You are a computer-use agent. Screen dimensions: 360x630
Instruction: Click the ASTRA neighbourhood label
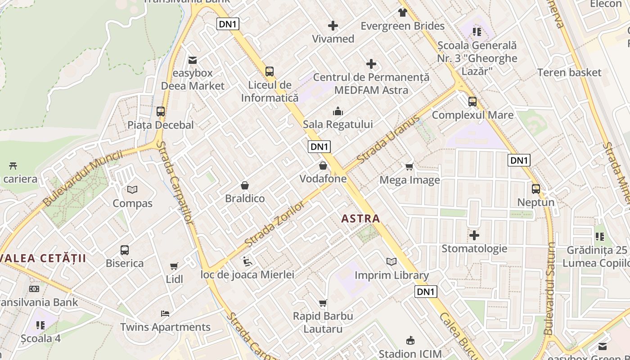pos(360,219)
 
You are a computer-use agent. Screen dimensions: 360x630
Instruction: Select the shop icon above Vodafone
pos(323,166)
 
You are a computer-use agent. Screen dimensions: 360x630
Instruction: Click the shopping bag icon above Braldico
pos(245,185)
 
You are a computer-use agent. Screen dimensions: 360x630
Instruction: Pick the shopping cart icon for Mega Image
pos(409,167)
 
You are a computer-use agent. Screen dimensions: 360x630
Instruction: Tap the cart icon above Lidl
pos(174,266)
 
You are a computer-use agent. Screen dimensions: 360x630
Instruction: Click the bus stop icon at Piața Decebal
pos(161,112)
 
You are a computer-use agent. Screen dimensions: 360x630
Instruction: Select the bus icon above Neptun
pos(535,189)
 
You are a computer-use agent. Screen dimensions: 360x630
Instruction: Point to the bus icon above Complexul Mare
pos(472,102)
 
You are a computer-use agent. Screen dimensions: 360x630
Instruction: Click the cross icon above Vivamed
pos(333,26)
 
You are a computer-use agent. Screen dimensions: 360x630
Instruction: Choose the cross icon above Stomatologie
pos(474,235)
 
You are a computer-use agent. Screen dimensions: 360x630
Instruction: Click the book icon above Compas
pos(132,190)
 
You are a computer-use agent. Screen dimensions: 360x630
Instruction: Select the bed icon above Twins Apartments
pos(165,314)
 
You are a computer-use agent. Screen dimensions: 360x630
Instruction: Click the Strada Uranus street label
pos(388,139)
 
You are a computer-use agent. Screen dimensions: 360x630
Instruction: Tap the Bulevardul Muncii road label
pos(83,178)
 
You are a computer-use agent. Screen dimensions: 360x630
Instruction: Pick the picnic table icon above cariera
pos(13,166)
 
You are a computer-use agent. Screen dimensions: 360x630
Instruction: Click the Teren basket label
pos(569,72)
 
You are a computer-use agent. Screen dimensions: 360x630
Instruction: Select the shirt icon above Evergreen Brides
pos(402,13)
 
